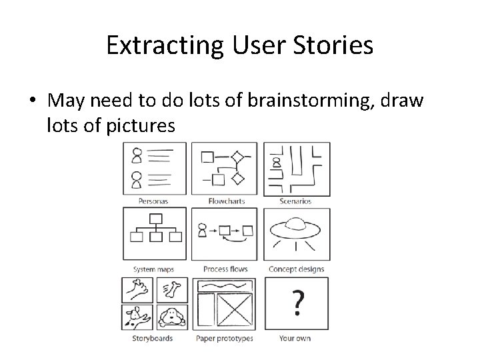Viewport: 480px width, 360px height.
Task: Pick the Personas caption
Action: [153, 201]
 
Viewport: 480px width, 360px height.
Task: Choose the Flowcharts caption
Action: [226, 201]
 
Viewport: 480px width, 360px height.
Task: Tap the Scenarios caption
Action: [295, 201]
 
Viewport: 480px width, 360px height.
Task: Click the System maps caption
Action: [153, 269]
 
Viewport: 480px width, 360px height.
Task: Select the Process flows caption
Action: [226, 269]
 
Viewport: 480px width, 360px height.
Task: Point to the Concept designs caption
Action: [296, 269]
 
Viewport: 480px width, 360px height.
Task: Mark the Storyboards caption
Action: [153, 338]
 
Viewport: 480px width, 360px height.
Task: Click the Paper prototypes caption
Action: [225, 338]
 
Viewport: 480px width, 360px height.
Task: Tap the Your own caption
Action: [295, 338]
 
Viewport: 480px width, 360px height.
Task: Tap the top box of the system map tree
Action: [155, 217]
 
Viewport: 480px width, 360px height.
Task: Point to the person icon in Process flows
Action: [202, 229]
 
